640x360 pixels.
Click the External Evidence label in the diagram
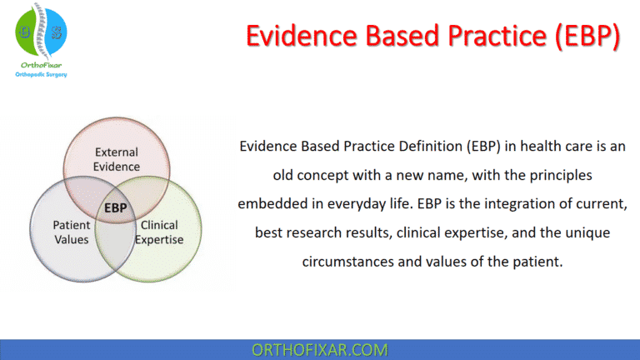tap(117, 159)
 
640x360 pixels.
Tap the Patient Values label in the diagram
tap(72, 231)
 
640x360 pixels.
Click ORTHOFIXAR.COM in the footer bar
tap(320, 350)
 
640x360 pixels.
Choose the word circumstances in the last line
tap(347, 260)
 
